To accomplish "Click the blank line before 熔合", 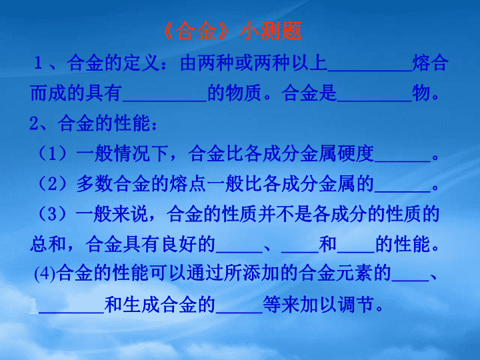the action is (x=370, y=71).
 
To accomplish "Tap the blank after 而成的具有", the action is (x=165, y=101).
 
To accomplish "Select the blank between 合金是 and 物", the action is (x=375, y=101).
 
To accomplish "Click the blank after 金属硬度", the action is (x=402, y=161).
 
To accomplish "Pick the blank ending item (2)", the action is (x=402, y=191).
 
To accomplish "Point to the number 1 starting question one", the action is (x=38, y=63).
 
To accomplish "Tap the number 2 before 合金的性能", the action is (x=34, y=123).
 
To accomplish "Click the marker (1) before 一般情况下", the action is (x=53, y=153).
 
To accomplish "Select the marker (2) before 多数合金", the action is (x=53, y=183).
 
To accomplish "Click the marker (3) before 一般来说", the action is (x=53, y=213).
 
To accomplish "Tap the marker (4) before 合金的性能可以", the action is (x=45, y=273).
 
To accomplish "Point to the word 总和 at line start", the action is (x=48, y=244).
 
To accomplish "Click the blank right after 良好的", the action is (x=239, y=251).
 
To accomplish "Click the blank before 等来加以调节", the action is (x=239, y=312).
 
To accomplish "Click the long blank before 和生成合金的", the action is (x=71, y=312).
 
